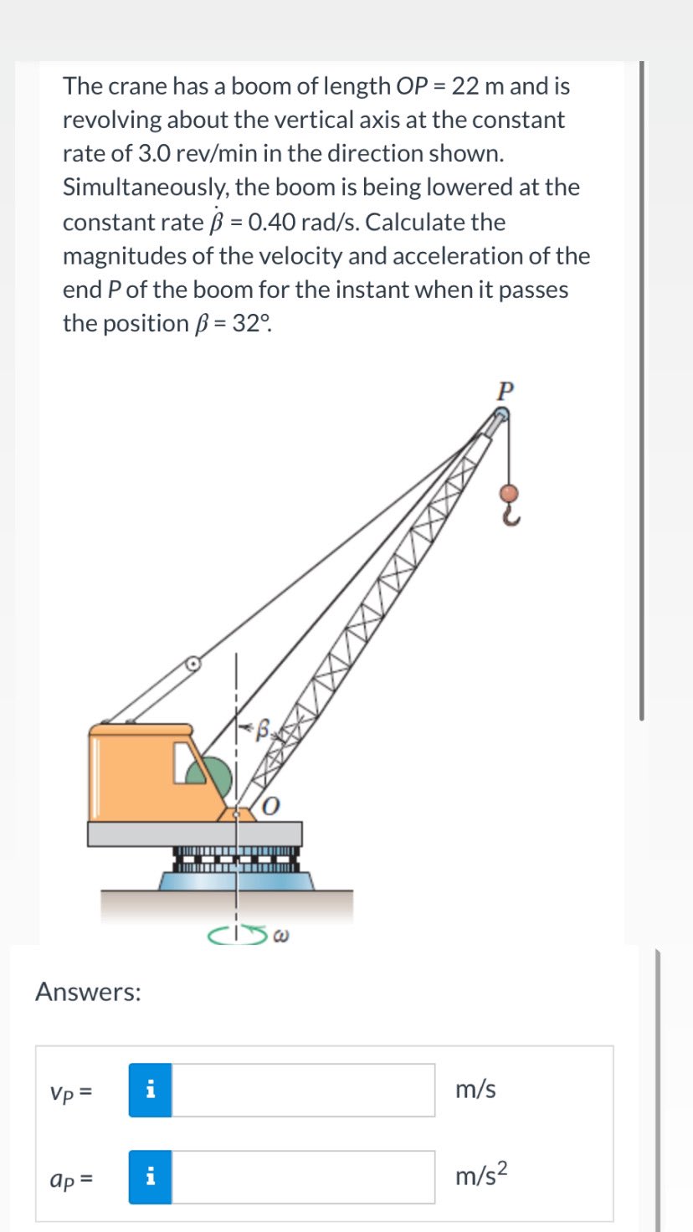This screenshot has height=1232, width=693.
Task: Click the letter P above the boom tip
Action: (x=504, y=390)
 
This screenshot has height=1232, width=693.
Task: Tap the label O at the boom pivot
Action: (x=272, y=806)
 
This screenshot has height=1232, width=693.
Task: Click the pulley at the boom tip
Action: (x=501, y=414)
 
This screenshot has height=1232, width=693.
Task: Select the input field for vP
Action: (x=303, y=1090)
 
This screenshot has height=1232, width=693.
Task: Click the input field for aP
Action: (x=303, y=1177)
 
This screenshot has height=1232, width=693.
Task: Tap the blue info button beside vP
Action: (x=150, y=1090)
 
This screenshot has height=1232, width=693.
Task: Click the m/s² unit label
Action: (x=481, y=1177)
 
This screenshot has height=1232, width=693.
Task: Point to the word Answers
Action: (x=88, y=993)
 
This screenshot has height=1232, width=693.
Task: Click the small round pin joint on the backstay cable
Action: (x=193, y=665)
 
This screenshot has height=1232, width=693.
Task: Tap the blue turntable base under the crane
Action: (x=237, y=880)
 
